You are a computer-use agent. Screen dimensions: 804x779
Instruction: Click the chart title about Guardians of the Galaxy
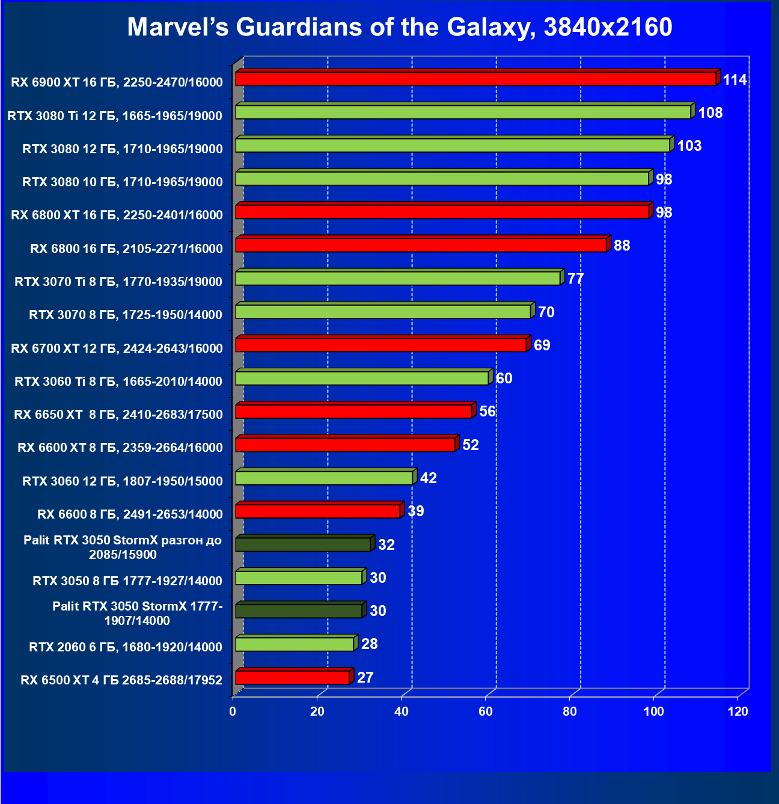pyautogui.click(x=400, y=27)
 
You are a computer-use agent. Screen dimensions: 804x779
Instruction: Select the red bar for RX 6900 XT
pyautogui.click(x=475, y=79)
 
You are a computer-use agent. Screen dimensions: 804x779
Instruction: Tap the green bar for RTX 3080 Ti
pyautogui.click(x=463, y=112)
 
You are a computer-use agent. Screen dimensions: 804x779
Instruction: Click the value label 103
pyautogui.click(x=689, y=146)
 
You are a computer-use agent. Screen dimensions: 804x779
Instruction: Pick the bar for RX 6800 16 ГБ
pyautogui.click(x=421, y=245)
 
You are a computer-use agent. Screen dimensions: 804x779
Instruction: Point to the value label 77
pyautogui.click(x=576, y=279)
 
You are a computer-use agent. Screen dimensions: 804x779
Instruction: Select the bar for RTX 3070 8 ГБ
pyautogui.click(x=383, y=312)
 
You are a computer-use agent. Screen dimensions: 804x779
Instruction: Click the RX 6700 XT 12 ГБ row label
pyautogui.click(x=117, y=349)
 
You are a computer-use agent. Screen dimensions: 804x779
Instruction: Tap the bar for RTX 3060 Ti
pyautogui.click(x=362, y=378)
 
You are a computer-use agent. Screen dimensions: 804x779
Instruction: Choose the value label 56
pyautogui.click(x=487, y=412)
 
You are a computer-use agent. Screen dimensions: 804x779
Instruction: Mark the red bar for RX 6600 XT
pyautogui.click(x=345, y=445)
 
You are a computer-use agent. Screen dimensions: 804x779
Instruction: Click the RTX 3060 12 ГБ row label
pyautogui.click(x=123, y=481)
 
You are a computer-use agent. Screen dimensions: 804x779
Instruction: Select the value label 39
pyautogui.click(x=416, y=511)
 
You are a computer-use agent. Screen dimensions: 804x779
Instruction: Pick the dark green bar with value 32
pyautogui.click(x=303, y=544)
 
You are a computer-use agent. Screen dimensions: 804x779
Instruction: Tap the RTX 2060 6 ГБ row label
pyautogui.click(x=126, y=647)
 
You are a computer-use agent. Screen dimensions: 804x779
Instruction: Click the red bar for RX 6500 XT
pyautogui.click(x=292, y=677)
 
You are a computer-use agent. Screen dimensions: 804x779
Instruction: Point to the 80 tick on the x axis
pyautogui.click(x=570, y=711)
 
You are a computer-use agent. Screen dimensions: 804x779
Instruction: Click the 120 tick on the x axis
pyautogui.click(x=738, y=711)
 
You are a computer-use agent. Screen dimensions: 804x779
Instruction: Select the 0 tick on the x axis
pyautogui.click(x=233, y=711)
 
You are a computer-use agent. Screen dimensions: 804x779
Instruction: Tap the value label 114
pyautogui.click(x=735, y=80)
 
